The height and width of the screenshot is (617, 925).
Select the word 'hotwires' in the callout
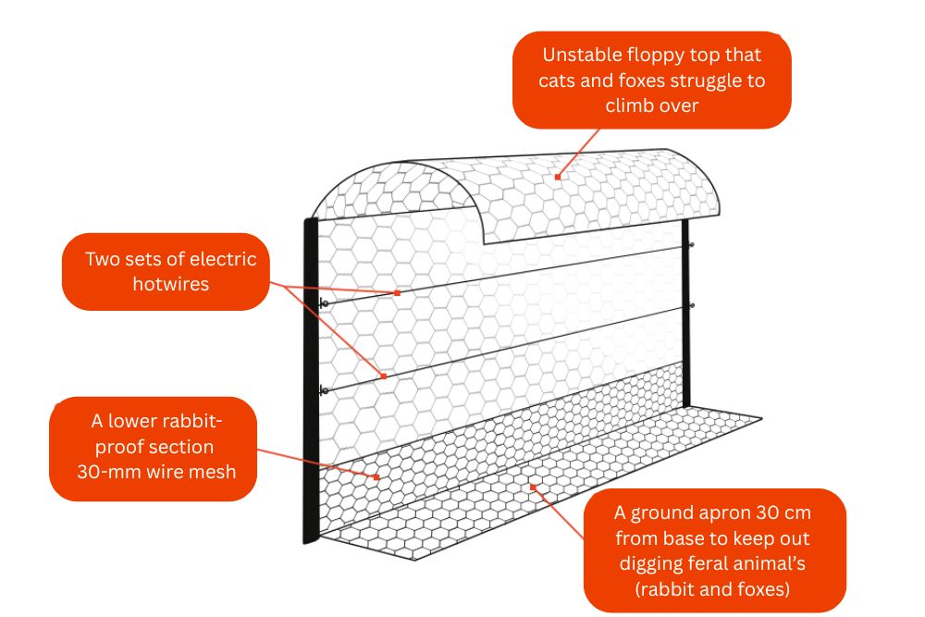[170, 284]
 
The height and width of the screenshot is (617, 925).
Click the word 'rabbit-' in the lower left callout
[193, 422]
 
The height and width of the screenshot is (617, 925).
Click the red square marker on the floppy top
[557, 176]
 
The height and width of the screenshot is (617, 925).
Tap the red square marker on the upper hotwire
[397, 292]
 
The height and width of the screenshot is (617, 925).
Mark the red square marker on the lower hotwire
[382, 376]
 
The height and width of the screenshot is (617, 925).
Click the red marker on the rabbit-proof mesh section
[377, 477]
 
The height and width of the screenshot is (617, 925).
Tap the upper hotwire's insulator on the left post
[323, 304]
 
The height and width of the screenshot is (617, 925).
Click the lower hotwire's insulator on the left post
[323, 390]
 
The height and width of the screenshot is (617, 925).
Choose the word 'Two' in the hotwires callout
[102, 258]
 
